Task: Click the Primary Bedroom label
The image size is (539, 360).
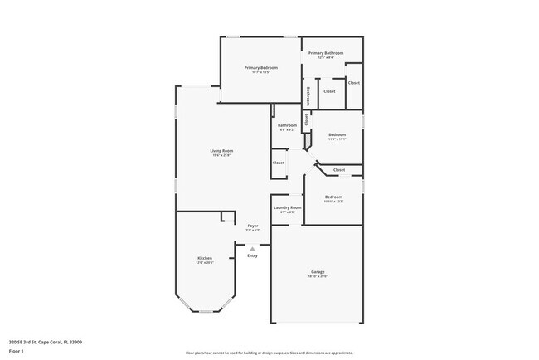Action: [260, 67]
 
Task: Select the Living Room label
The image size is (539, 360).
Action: [221, 150]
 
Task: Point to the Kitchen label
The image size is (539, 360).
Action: [204, 258]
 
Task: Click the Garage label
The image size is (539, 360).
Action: [317, 272]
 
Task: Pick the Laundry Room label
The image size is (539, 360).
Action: [288, 207]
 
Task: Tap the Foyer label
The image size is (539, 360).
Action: [254, 225]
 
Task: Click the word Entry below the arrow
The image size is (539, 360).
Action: [252, 255]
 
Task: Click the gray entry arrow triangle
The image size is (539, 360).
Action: [252, 247]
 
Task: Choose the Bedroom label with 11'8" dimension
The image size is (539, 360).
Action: [337, 134]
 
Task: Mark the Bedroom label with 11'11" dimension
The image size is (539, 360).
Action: [333, 197]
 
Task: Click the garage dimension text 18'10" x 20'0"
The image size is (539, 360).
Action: [317, 277]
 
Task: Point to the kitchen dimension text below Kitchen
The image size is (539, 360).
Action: [204, 263]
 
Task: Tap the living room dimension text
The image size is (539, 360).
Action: [221, 155]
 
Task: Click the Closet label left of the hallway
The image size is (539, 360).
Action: [279, 163]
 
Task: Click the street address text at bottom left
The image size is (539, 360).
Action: [46, 341]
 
